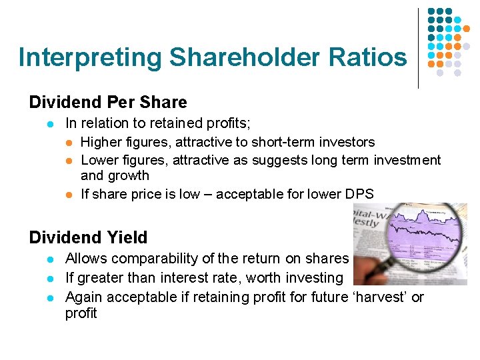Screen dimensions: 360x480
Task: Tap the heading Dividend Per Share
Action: pyautogui.click(x=108, y=102)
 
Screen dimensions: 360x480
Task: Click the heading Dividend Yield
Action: pyautogui.click(x=88, y=237)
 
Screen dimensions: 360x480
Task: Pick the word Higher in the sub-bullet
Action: pyautogui.click(x=101, y=142)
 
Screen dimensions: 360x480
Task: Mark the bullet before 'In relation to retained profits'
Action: pyautogui.click(x=42, y=123)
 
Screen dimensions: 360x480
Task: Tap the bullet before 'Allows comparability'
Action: pyautogui.click(x=42, y=259)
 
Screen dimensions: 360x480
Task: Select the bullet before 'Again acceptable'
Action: pyautogui.click(x=42, y=297)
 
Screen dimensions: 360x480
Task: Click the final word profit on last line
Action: pyautogui.click(x=81, y=313)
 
